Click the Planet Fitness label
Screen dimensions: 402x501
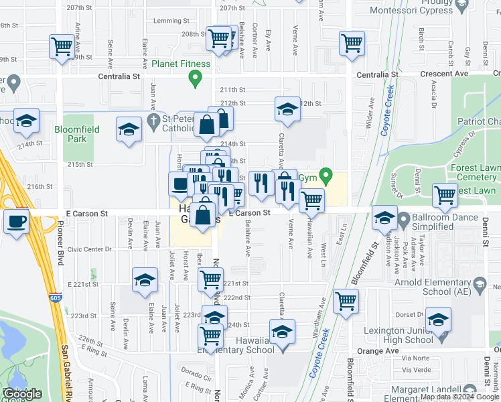pos(181,64)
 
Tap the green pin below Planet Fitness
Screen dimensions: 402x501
pos(196,80)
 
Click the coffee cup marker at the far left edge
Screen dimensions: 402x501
pos(16,220)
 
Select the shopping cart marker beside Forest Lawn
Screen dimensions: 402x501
pos(445,195)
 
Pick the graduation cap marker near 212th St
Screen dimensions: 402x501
pos(287,109)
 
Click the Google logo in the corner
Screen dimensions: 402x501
pos(23,394)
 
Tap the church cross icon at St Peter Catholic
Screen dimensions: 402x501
pos(153,121)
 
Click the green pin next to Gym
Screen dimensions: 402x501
pos(326,178)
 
